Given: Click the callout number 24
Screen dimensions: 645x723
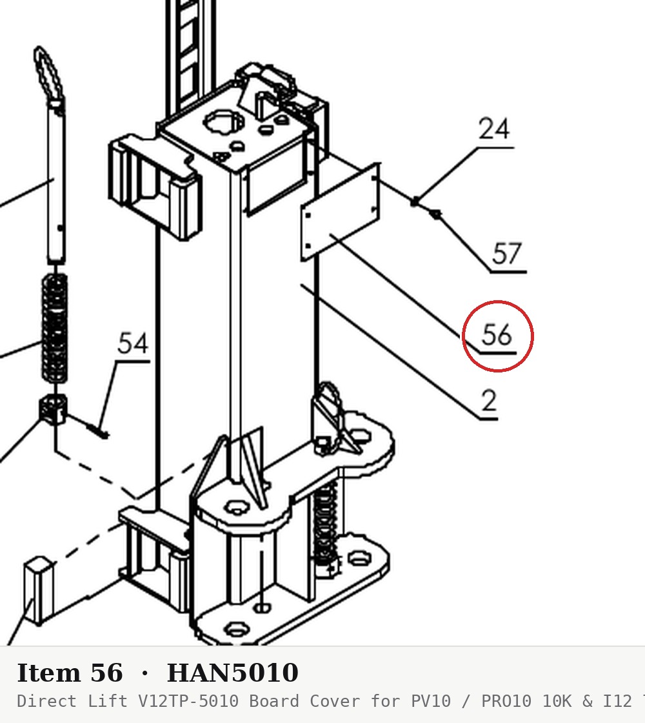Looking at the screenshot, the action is coord(494,128).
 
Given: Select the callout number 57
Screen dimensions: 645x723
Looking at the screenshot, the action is coord(507,253).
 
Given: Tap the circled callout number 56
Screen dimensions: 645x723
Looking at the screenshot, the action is coord(497,334).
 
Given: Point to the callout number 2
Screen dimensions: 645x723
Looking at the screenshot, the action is coord(490,400).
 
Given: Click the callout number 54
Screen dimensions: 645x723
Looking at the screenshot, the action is coord(133,343).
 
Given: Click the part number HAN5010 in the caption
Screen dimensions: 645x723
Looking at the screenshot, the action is coord(233,673).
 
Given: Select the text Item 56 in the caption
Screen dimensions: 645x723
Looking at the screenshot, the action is coord(70,673).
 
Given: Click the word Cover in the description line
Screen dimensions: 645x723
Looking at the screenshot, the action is coord(335,701).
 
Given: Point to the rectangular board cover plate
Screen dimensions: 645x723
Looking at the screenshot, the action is coord(340,212).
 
